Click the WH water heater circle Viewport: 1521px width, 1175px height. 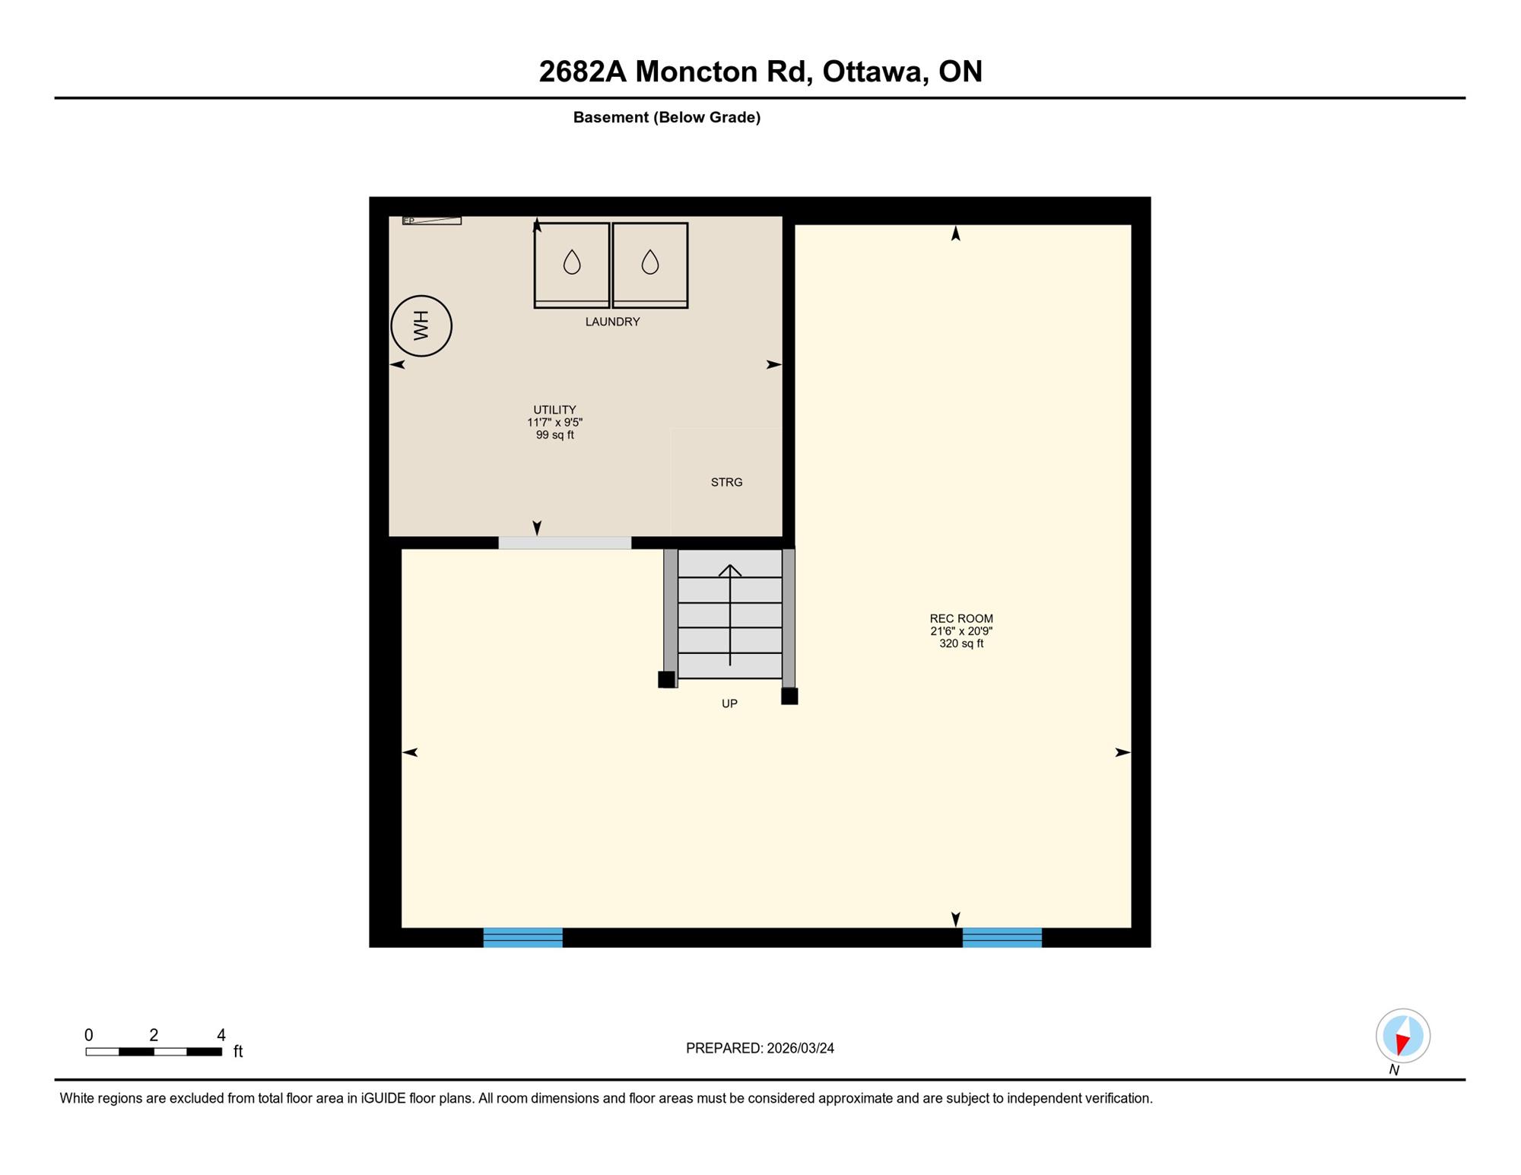421,326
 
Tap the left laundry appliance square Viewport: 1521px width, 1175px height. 572,265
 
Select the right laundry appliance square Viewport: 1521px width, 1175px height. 650,265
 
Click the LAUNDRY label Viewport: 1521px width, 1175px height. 612,322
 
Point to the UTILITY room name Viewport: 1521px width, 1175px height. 554,410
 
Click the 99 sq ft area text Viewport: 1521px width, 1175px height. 554,435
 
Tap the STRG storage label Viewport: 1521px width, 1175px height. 726,482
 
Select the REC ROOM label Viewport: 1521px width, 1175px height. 961,618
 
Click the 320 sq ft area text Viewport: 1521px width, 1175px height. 961,643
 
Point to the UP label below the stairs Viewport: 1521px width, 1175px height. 729,703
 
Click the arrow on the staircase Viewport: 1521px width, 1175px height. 730,615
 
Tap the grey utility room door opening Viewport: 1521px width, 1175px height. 564,543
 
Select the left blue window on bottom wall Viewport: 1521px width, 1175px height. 523,938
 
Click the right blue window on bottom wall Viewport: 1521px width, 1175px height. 1002,938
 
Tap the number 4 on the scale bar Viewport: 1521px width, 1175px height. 221,1035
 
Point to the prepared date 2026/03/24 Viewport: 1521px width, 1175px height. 801,1048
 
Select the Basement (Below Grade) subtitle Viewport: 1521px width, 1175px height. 667,117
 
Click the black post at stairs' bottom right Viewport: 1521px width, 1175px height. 789,696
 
